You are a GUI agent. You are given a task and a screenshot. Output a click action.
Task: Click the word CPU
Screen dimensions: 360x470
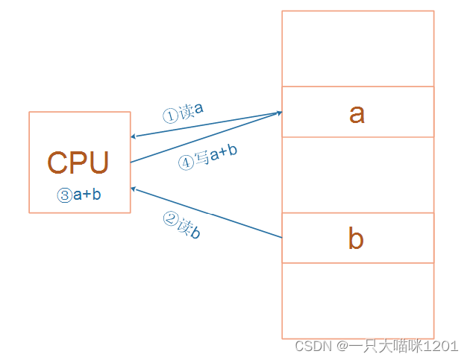78,162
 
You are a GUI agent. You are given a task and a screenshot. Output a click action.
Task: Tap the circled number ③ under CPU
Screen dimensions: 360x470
64,195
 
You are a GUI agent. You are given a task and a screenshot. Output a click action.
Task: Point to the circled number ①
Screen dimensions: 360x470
171,116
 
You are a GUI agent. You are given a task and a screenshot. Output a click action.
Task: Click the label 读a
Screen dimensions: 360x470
191,112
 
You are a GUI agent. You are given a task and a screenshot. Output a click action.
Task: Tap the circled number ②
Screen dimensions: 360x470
169,218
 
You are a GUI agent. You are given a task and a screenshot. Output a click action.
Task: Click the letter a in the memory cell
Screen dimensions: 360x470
357,113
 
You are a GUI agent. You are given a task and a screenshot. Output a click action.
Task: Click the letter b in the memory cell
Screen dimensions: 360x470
357,239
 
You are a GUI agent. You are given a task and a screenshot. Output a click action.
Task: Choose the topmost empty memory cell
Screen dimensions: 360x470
357,48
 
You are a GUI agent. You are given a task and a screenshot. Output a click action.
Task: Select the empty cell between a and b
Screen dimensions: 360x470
357,174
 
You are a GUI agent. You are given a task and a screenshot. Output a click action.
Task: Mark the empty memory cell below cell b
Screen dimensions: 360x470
357,300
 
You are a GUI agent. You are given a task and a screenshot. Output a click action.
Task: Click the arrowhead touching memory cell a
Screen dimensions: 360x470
279,113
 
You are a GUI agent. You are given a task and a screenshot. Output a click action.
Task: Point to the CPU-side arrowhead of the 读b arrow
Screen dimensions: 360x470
134,189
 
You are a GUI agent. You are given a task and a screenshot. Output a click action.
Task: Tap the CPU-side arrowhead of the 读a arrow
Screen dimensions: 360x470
134,137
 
